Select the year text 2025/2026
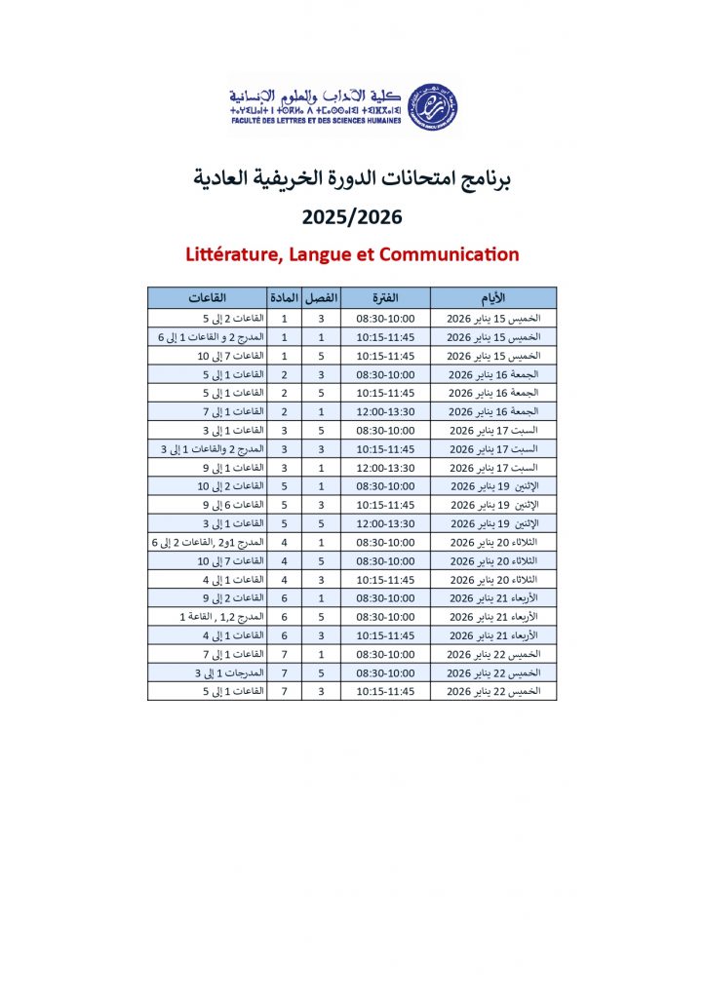(x=352, y=216)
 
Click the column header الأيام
(x=493, y=297)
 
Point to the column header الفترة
(x=385, y=297)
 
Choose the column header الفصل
(x=321, y=297)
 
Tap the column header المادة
(x=284, y=297)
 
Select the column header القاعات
(x=208, y=297)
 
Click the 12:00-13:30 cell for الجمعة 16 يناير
(x=385, y=411)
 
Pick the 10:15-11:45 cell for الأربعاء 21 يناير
(x=385, y=635)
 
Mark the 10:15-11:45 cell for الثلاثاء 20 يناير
(x=385, y=579)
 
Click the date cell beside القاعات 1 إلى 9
(x=493, y=468)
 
